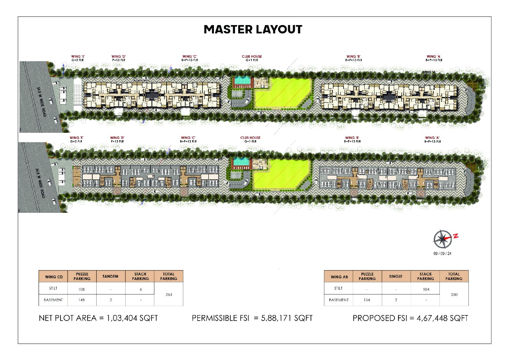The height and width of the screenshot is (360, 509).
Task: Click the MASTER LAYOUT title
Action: click(x=253, y=29)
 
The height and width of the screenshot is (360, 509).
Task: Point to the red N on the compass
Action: click(x=456, y=236)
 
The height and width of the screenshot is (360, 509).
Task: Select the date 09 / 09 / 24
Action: click(x=442, y=253)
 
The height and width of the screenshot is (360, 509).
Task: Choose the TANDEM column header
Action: click(x=111, y=276)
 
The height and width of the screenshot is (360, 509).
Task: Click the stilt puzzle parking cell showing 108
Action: click(x=82, y=289)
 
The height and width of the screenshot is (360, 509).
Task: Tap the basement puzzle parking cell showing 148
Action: click(x=82, y=300)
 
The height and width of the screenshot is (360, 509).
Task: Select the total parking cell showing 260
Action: click(x=454, y=295)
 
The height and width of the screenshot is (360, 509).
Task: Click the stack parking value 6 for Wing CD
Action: click(x=140, y=289)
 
